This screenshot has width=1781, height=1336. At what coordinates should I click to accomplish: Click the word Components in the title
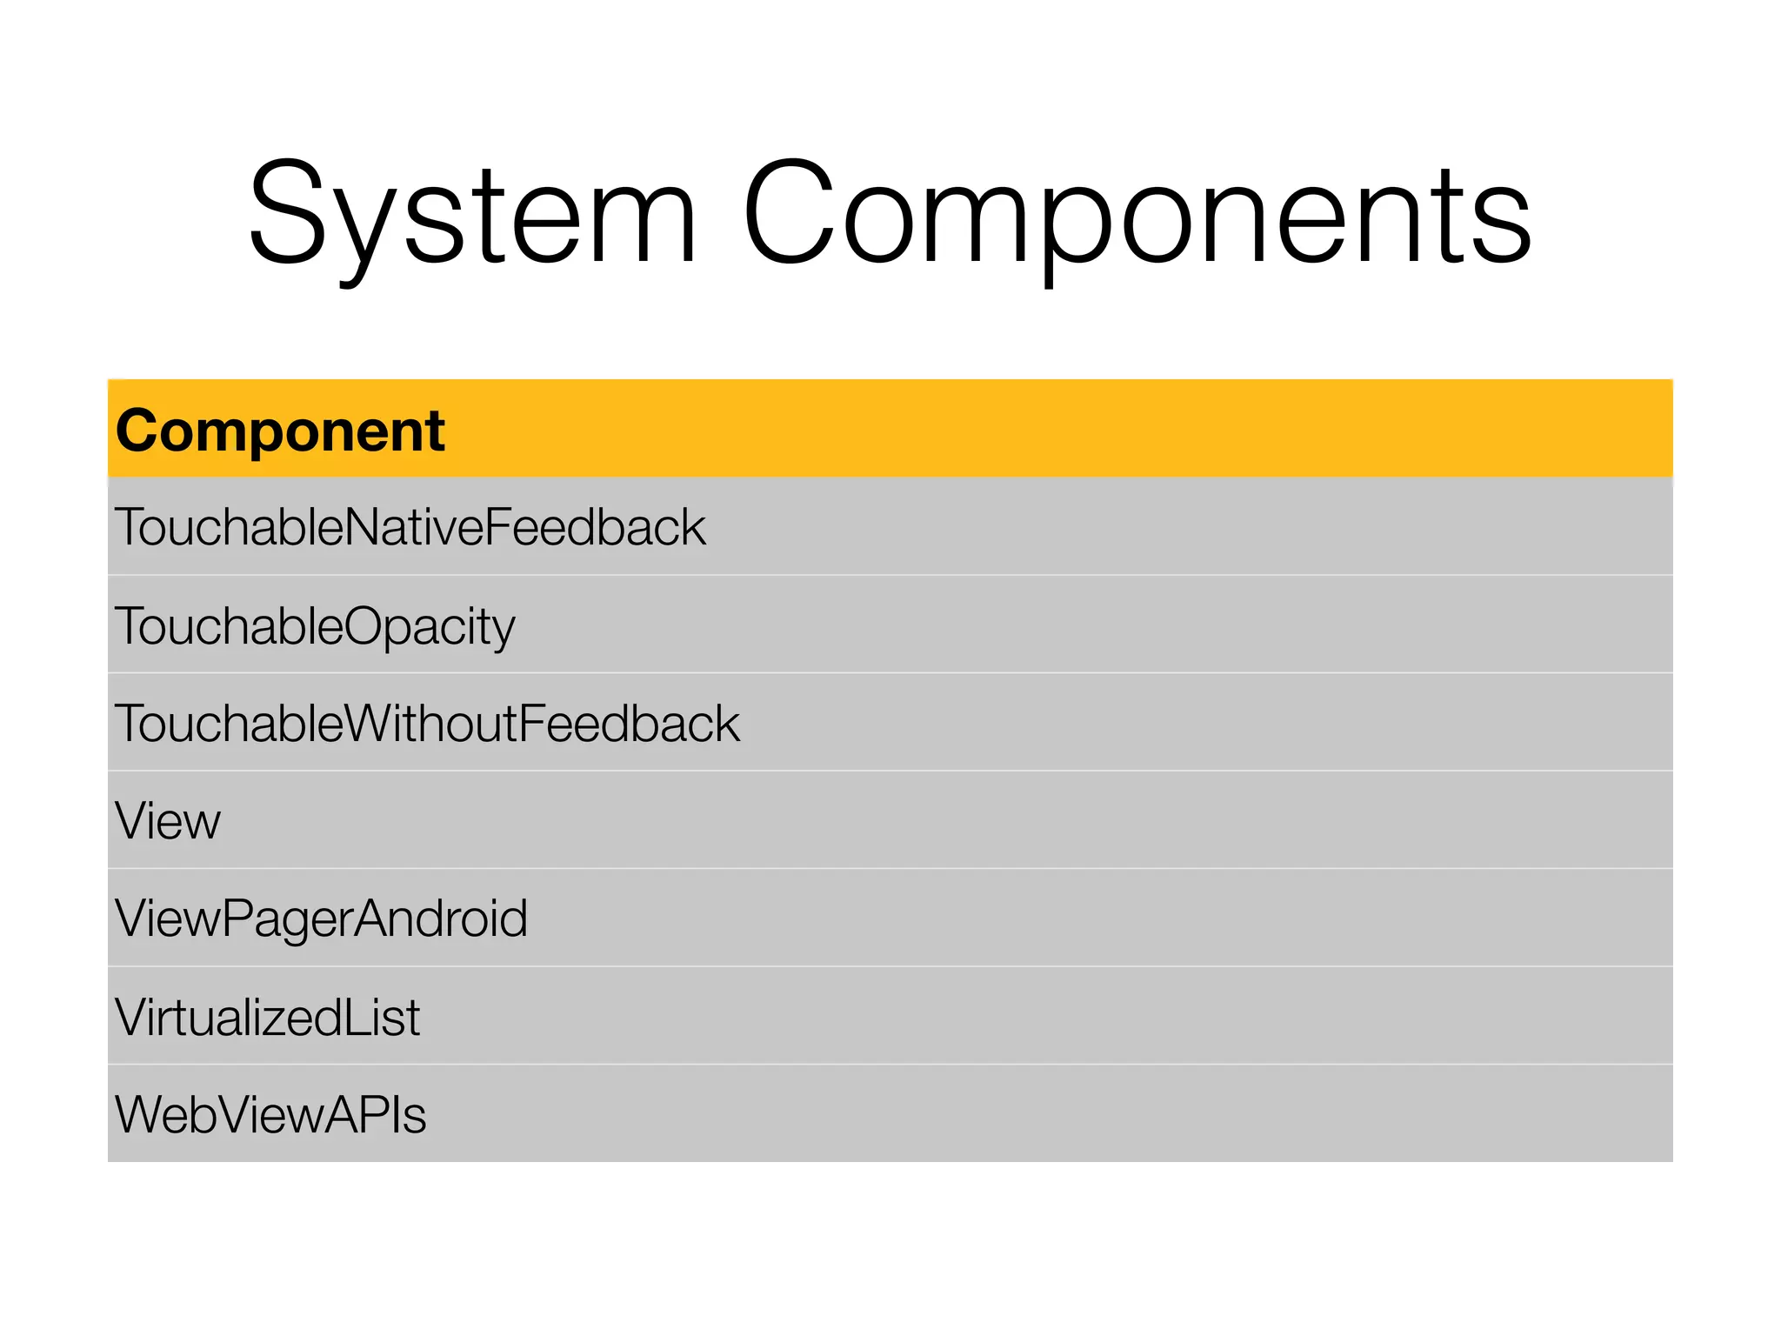pyautogui.click(x=1136, y=213)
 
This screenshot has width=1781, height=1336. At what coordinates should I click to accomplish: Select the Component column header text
pyautogui.click(x=280, y=431)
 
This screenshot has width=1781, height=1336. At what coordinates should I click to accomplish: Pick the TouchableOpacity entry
pyautogui.click(x=315, y=626)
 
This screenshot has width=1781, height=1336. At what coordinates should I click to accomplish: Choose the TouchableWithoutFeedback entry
pyautogui.click(x=427, y=724)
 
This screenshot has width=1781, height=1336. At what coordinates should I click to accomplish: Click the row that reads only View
pyautogui.click(x=168, y=821)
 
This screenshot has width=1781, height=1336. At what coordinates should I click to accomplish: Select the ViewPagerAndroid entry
pyautogui.click(x=321, y=918)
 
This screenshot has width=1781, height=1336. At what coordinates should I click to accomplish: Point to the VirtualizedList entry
pyautogui.click(x=268, y=1017)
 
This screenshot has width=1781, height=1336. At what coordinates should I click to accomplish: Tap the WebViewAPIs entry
pyautogui.click(x=270, y=1115)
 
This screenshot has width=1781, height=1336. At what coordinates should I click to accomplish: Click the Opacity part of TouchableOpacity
pyautogui.click(x=430, y=626)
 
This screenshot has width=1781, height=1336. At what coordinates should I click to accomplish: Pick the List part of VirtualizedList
pyautogui.click(x=382, y=1017)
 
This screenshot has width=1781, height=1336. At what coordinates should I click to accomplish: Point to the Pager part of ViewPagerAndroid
pyautogui.click(x=287, y=918)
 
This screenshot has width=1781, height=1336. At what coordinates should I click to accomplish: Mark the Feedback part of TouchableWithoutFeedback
pyautogui.click(x=630, y=724)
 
